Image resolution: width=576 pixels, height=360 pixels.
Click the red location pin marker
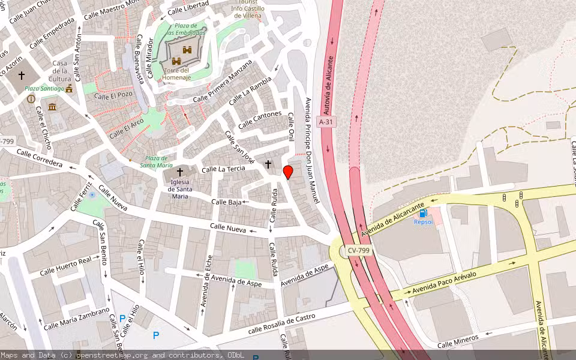pyautogui.click(x=288, y=172)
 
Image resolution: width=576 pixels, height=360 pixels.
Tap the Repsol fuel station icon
pyautogui.click(x=424, y=213)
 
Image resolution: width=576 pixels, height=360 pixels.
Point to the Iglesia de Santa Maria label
pyautogui.click(x=179, y=188)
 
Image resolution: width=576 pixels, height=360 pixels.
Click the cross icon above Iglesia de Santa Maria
pyautogui.click(x=179, y=172)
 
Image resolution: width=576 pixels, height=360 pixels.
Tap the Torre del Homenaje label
pyautogui.click(x=176, y=74)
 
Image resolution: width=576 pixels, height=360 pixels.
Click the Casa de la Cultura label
pyautogui.click(x=60, y=71)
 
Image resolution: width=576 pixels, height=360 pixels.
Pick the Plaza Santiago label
pyautogui.click(x=44, y=89)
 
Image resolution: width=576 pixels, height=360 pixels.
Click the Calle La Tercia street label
pyautogui.click(x=223, y=169)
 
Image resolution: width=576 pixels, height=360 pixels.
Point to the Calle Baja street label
pyautogui.click(x=226, y=202)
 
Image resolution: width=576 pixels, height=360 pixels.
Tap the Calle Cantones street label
pyautogui.click(x=260, y=120)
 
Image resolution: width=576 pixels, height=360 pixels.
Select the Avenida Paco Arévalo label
pyautogui.click(x=444, y=283)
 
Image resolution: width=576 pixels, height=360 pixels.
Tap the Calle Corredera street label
pyautogui.click(x=39, y=158)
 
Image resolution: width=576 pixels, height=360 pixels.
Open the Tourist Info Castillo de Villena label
pyautogui.click(x=247, y=9)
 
